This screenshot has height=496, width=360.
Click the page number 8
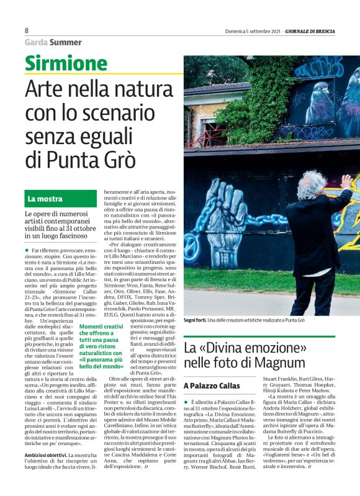click(27, 30)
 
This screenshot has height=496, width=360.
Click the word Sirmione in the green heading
click(67, 63)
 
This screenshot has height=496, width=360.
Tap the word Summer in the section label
click(66, 42)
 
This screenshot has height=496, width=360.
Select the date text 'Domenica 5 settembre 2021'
click(253, 31)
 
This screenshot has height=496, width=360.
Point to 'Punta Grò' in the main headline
click(92, 159)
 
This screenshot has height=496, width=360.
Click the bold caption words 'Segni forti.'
click(196, 319)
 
